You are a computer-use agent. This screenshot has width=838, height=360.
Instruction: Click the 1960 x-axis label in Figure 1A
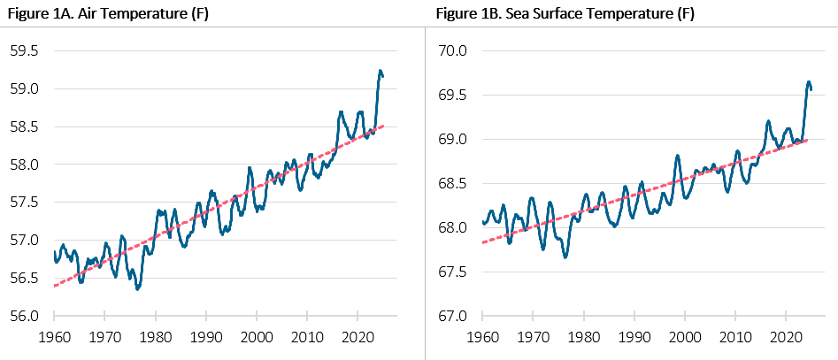pyautogui.click(x=54, y=337)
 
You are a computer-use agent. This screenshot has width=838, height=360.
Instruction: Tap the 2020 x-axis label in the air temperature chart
pyautogui.click(x=357, y=337)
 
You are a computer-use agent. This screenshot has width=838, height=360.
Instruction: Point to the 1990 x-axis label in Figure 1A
pyautogui.click(x=205, y=337)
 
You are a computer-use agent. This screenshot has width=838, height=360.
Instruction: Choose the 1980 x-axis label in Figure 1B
pyautogui.click(x=584, y=337)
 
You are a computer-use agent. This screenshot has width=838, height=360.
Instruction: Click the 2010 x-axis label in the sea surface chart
pyautogui.click(x=735, y=337)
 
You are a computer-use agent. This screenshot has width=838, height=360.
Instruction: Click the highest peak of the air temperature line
pyautogui.click(x=380, y=71)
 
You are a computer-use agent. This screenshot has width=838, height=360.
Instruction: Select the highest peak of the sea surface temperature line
pyautogui.click(x=808, y=82)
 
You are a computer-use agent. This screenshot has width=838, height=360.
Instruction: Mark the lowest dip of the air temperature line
pyautogui.click(x=137, y=289)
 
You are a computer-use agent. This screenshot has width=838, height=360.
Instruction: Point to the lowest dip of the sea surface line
pyautogui.click(x=565, y=257)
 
